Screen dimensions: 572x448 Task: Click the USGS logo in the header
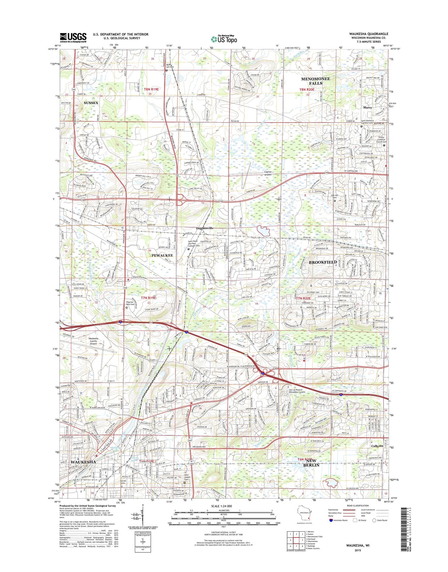(73, 38)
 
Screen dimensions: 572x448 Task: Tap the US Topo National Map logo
(224, 39)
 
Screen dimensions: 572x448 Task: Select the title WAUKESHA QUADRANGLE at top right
(368, 34)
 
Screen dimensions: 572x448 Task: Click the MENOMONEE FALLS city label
(316, 81)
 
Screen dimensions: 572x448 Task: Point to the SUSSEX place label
(91, 102)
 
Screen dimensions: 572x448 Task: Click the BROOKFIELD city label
(323, 262)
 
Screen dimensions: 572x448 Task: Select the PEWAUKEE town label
(162, 255)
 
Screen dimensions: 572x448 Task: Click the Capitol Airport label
(268, 173)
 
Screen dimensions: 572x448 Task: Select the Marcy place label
(367, 107)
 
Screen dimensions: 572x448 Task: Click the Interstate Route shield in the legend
(331, 520)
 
